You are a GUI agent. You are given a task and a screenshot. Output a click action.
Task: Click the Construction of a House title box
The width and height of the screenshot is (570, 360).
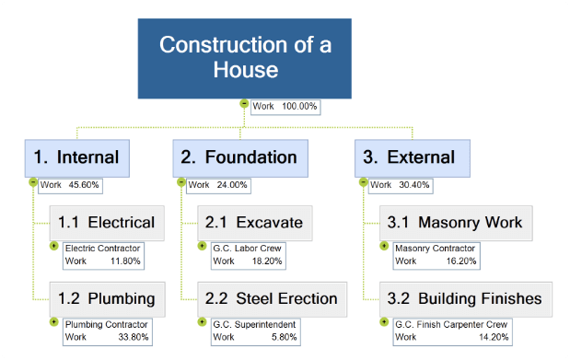[x=244, y=57]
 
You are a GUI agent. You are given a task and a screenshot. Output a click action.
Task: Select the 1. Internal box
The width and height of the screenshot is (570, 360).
[x=76, y=157]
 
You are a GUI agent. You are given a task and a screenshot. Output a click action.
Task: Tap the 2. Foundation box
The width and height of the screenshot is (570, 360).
[x=238, y=157]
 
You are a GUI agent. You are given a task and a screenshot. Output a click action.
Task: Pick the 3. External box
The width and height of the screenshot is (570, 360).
[x=412, y=157]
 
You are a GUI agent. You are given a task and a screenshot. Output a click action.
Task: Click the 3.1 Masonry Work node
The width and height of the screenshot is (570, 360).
[x=455, y=222]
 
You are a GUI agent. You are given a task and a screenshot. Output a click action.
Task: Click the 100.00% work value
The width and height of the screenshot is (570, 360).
[x=299, y=107]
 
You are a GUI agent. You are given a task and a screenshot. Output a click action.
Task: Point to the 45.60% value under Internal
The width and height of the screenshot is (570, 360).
[x=84, y=185]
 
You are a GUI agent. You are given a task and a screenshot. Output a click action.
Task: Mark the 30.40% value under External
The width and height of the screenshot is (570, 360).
[x=413, y=185]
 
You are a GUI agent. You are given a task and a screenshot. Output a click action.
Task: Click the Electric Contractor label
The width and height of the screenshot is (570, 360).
[x=101, y=248]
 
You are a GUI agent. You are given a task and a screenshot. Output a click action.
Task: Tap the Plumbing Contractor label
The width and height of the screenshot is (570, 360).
[x=104, y=325]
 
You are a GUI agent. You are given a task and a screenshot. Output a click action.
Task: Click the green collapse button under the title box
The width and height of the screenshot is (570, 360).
[x=244, y=104]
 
